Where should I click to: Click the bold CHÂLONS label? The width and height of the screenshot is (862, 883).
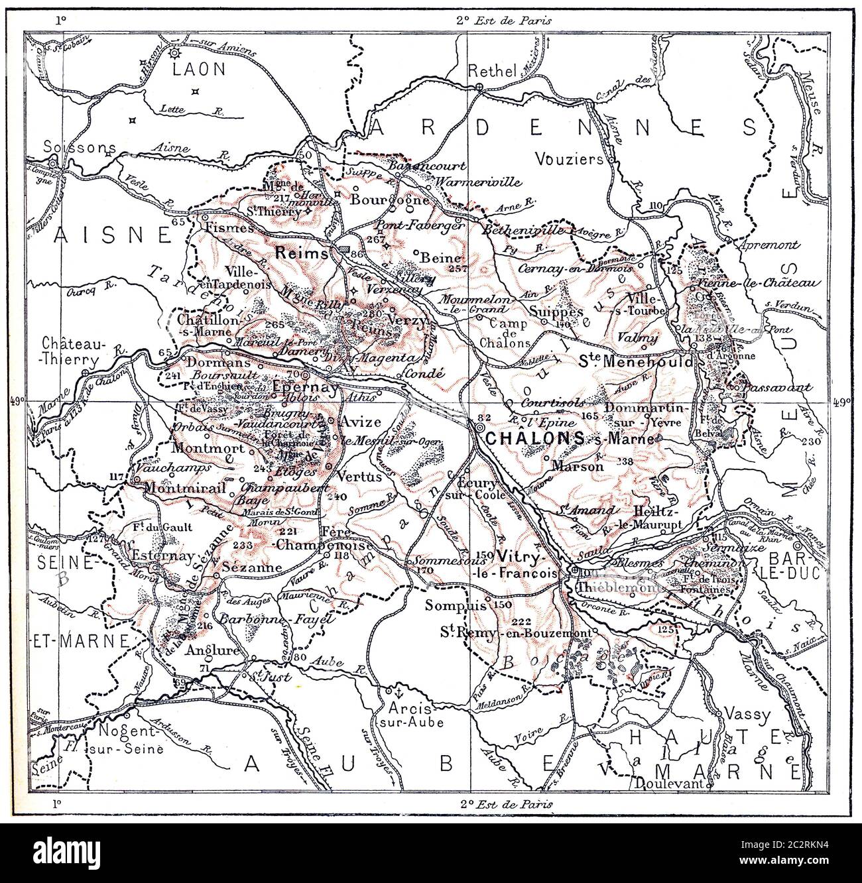pyautogui.click(x=534, y=438)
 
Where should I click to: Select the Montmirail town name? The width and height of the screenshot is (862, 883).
pyautogui.click(x=181, y=487)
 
